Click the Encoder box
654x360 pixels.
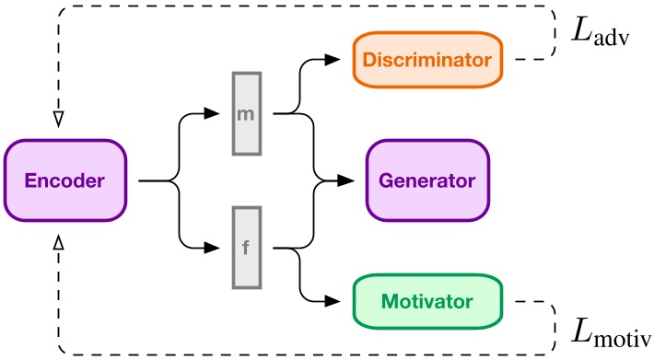[66, 181]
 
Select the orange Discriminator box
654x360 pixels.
[427, 61]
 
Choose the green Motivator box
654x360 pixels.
[428, 301]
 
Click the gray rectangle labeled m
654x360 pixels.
[248, 114]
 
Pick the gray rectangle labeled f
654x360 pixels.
[248, 248]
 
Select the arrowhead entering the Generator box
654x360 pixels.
[358, 181]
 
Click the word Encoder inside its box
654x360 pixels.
[66, 181]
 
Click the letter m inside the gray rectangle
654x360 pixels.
[248, 114]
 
